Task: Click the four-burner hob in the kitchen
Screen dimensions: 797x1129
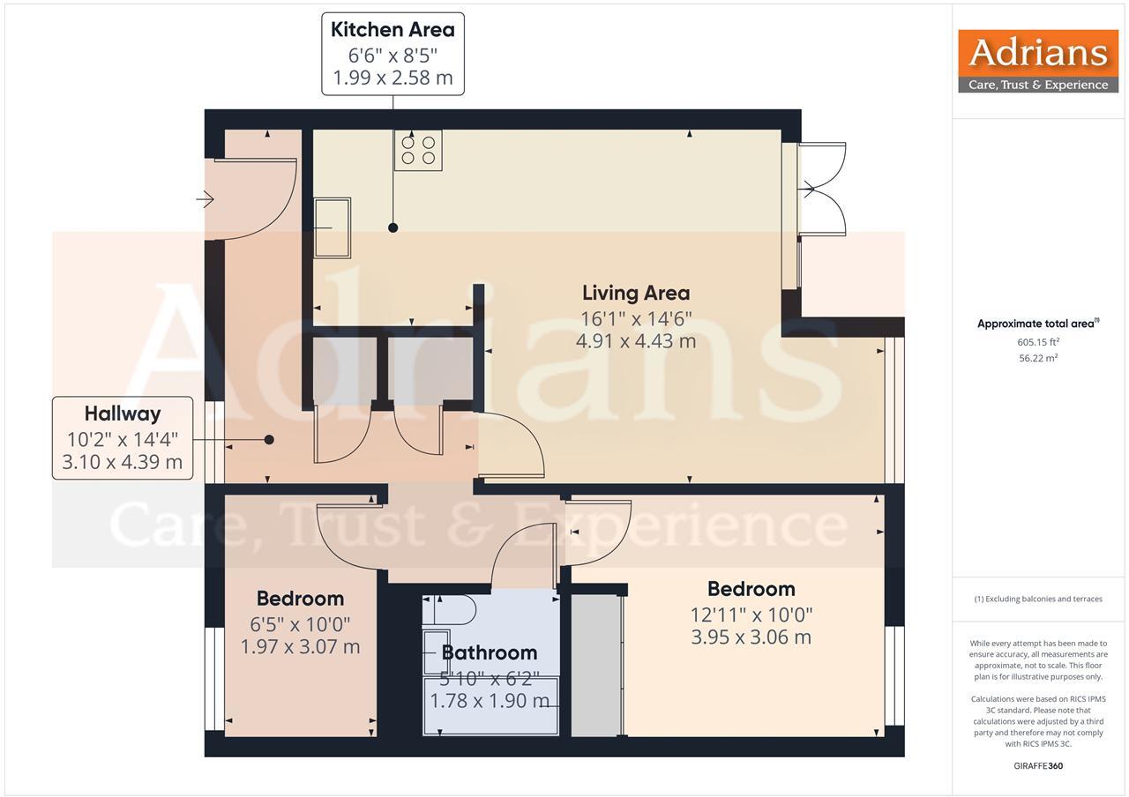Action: coord(418,150)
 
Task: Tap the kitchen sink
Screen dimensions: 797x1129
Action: coord(333,227)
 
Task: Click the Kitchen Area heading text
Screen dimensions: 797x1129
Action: coord(393,29)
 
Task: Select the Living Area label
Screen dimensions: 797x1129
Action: coord(635,293)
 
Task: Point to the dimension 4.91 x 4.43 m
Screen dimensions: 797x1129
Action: coord(635,340)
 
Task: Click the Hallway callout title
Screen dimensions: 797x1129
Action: coord(123,413)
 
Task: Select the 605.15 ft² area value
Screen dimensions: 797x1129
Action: coord(1038,342)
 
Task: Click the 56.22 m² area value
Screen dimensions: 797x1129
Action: coord(1038,358)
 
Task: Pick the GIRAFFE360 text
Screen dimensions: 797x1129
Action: coord(1038,765)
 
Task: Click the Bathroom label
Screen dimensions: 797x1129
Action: coord(490,652)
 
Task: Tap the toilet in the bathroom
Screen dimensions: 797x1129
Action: coord(452,610)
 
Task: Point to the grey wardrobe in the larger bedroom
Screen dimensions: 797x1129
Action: coord(596,665)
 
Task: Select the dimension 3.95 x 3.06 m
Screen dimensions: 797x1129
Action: coord(751,637)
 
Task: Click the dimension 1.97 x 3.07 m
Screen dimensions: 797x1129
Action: coord(300,646)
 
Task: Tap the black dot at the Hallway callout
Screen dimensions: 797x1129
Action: coord(269,439)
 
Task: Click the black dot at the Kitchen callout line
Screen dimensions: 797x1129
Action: coord(393,227)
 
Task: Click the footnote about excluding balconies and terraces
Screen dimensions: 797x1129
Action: coord(1038,599)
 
